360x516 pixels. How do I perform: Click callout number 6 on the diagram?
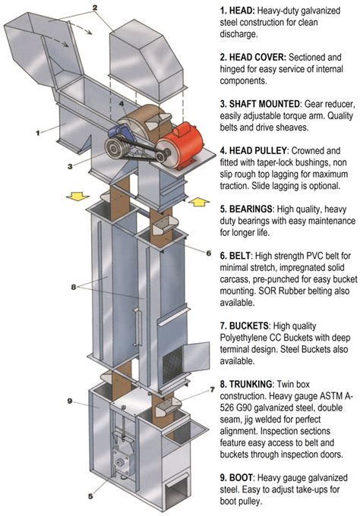click(x=208, y=251)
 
